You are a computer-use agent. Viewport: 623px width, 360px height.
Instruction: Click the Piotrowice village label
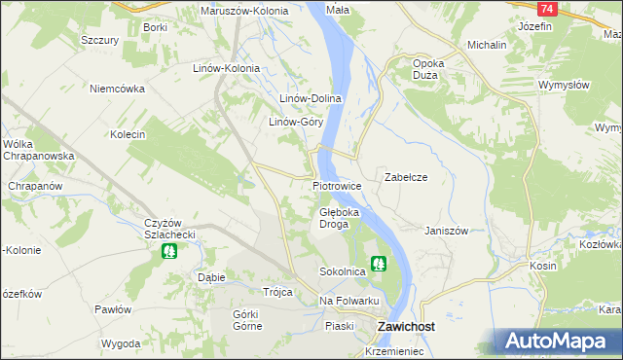tap(337, 185)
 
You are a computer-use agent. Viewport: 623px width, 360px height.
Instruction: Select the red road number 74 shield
tap(547, 8)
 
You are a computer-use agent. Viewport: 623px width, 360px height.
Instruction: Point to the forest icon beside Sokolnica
tap(378, 262)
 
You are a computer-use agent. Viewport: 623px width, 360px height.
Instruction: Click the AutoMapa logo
tap(559, 341)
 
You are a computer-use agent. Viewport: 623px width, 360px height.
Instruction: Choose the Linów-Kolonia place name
tap(226, 68)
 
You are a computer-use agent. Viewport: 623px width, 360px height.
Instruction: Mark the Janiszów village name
tap(447, 231)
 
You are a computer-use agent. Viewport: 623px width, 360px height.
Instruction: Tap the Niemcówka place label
tap(117, 88)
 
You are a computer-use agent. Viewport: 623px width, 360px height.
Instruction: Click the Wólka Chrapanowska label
tap(33, 150)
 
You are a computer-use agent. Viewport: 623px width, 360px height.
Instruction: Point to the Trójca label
tap(277, 291)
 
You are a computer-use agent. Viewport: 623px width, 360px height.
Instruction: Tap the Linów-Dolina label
tap(310, 98)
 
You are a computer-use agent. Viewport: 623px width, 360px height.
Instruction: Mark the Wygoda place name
tap(121, 344)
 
